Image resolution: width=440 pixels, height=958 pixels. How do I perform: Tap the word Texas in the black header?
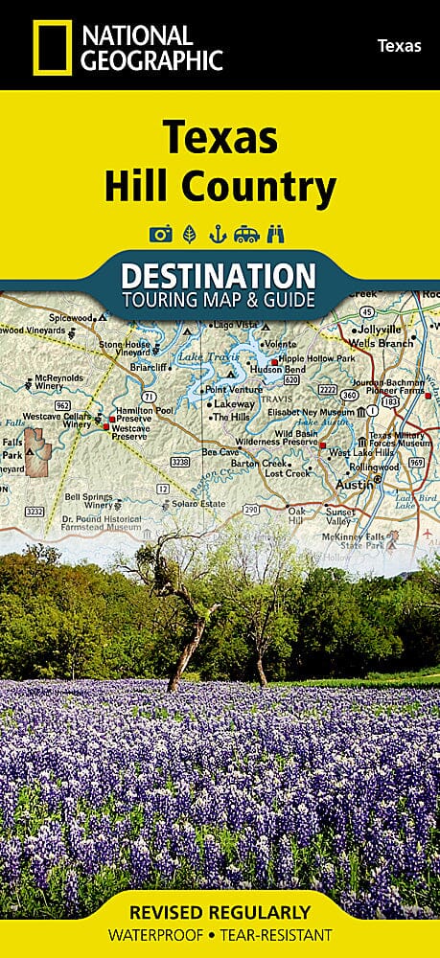pyautogui.click(x=399, y=45)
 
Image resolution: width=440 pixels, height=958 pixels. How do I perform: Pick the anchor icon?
pyautogui.click(x=217, y=234)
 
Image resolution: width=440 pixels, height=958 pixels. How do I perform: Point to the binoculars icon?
pyautogui.click(x=277, y=234)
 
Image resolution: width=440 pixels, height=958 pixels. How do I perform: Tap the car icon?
pyautogui.click(x=246, y=234)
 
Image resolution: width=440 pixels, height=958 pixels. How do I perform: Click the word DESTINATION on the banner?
pyautogui.click(x=220, y=275)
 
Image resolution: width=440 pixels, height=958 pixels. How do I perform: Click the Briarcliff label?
pyautogui.click(x=125, y=364)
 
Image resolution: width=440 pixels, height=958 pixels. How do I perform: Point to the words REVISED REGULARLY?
pyautogui.click(x=220, y=912)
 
